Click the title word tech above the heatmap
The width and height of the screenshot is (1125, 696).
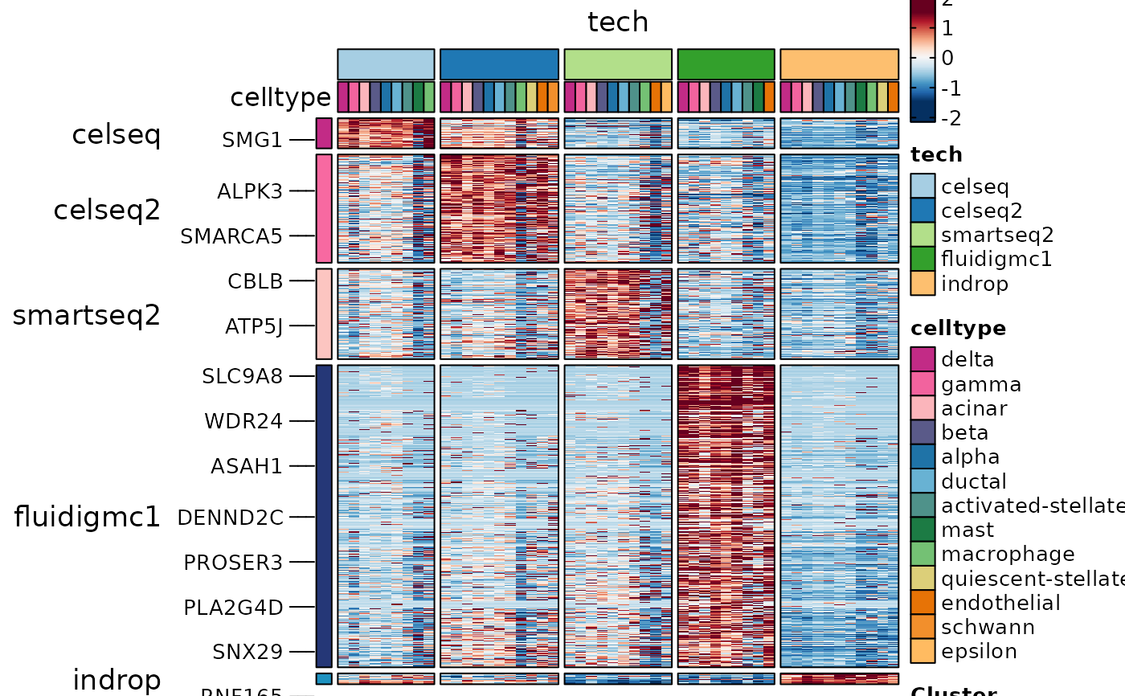point(617,23)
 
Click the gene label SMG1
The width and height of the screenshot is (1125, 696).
point(252,140)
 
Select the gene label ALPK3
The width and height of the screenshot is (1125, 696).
point(249,191)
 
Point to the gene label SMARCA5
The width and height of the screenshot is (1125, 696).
point(231,236)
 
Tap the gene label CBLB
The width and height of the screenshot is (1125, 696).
point(256,281)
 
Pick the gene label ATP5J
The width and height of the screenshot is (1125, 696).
point(254,326)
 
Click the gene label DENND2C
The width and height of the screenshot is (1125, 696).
point(230,518)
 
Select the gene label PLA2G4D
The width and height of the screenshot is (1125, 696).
point(233,607)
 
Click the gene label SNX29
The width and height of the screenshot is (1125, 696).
point(247,652)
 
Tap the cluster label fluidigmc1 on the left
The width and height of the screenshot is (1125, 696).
point(88,517)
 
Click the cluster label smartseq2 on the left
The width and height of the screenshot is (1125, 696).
point(87,316)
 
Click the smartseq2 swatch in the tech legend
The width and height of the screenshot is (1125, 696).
point(922,235)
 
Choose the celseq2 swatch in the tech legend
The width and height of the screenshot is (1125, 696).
point(922,211)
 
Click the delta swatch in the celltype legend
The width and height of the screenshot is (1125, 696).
point(922,359)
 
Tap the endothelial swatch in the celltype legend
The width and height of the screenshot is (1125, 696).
point(922,603)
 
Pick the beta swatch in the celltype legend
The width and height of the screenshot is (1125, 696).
point(922,432)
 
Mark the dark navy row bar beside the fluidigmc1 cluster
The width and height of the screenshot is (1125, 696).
point(324,516)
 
